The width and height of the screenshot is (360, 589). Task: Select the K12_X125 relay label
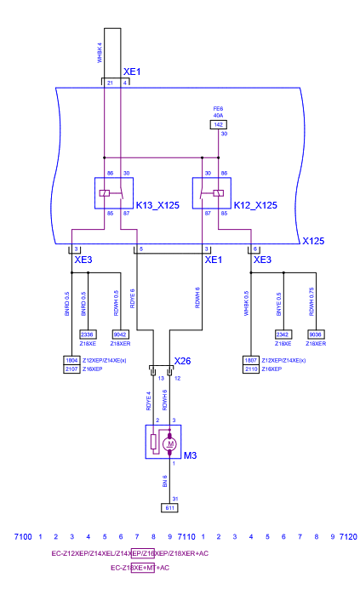(254, 206)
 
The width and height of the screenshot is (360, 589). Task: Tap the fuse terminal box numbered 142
(218, 125)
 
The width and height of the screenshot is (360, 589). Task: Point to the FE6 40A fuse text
(218, 112)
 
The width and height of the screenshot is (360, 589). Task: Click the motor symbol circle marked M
(169, 443)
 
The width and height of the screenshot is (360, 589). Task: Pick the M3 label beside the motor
(191, 456)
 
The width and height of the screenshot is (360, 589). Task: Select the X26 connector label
(184, 361)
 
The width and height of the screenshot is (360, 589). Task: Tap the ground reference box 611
(169, 507)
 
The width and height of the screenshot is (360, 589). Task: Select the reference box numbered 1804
(72, 360)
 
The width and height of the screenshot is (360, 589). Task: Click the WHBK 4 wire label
(100, 53)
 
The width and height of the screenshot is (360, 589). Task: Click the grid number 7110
(187, 537)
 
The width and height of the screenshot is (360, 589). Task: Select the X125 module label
(314, 241)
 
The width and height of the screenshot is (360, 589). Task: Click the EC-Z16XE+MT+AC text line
(140, 567)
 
